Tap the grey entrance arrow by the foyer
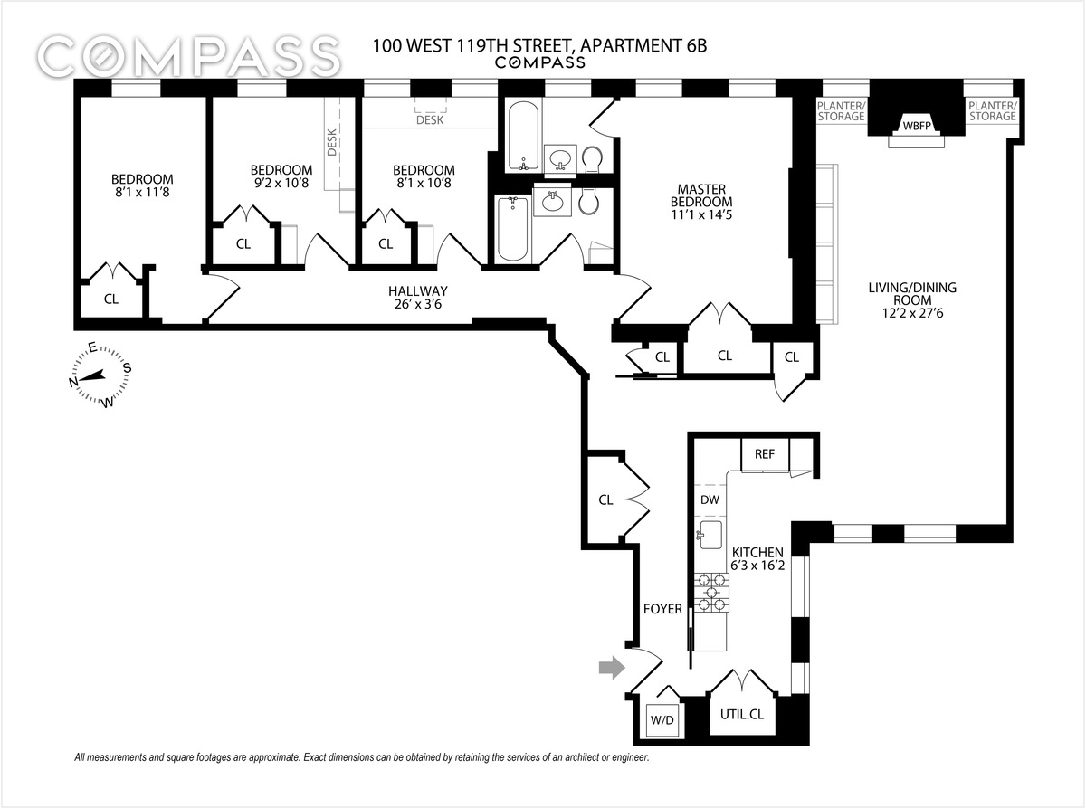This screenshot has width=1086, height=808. click(x=613, y=668)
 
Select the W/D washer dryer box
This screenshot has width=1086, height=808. click(x=659, y=721)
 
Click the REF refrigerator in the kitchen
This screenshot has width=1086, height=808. click(x=764, y=453)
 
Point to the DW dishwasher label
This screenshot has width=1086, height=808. click(x=710, y=499)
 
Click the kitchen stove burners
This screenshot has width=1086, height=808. click(x=710, y=593)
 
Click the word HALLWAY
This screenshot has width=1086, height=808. click(x=418, y=291)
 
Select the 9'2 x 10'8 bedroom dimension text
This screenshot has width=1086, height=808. click(x=281, y=184)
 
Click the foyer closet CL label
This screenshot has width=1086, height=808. click(x=605, y=499)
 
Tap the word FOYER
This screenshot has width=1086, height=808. click(x=662, y=609)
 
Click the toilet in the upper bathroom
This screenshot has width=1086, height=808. click(x=593, y=160)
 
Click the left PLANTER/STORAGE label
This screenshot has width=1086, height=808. click(x=842, y=110)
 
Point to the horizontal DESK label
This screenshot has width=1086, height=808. click(x=430, y=120)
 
